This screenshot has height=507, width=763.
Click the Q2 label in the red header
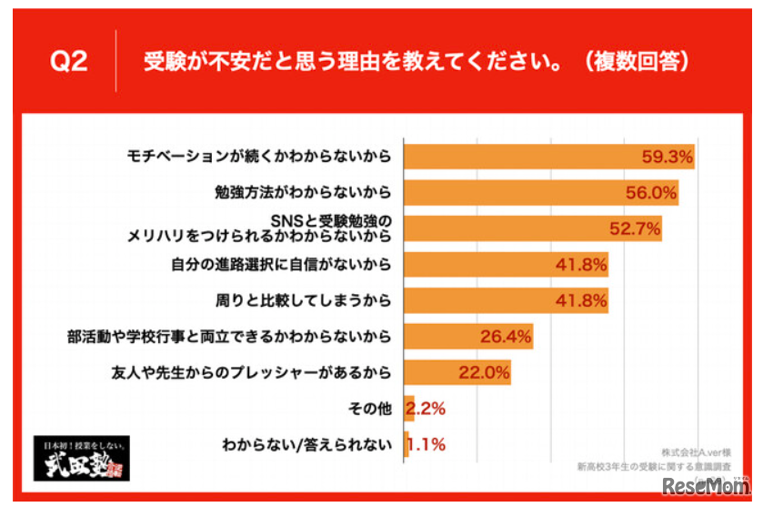(68, 62)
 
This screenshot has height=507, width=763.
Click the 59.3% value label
(665, 157)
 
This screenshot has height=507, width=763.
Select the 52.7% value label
(634, 228)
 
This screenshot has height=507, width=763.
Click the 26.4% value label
(505, 337)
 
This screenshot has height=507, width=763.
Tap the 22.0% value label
(484, 372)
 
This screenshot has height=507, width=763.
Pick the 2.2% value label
(425, 409)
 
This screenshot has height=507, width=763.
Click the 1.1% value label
(425, 445)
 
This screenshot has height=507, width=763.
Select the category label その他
(369, 409)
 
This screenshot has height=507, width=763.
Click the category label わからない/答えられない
(306, 445)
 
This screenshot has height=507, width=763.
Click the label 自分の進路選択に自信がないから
(280, 265)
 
